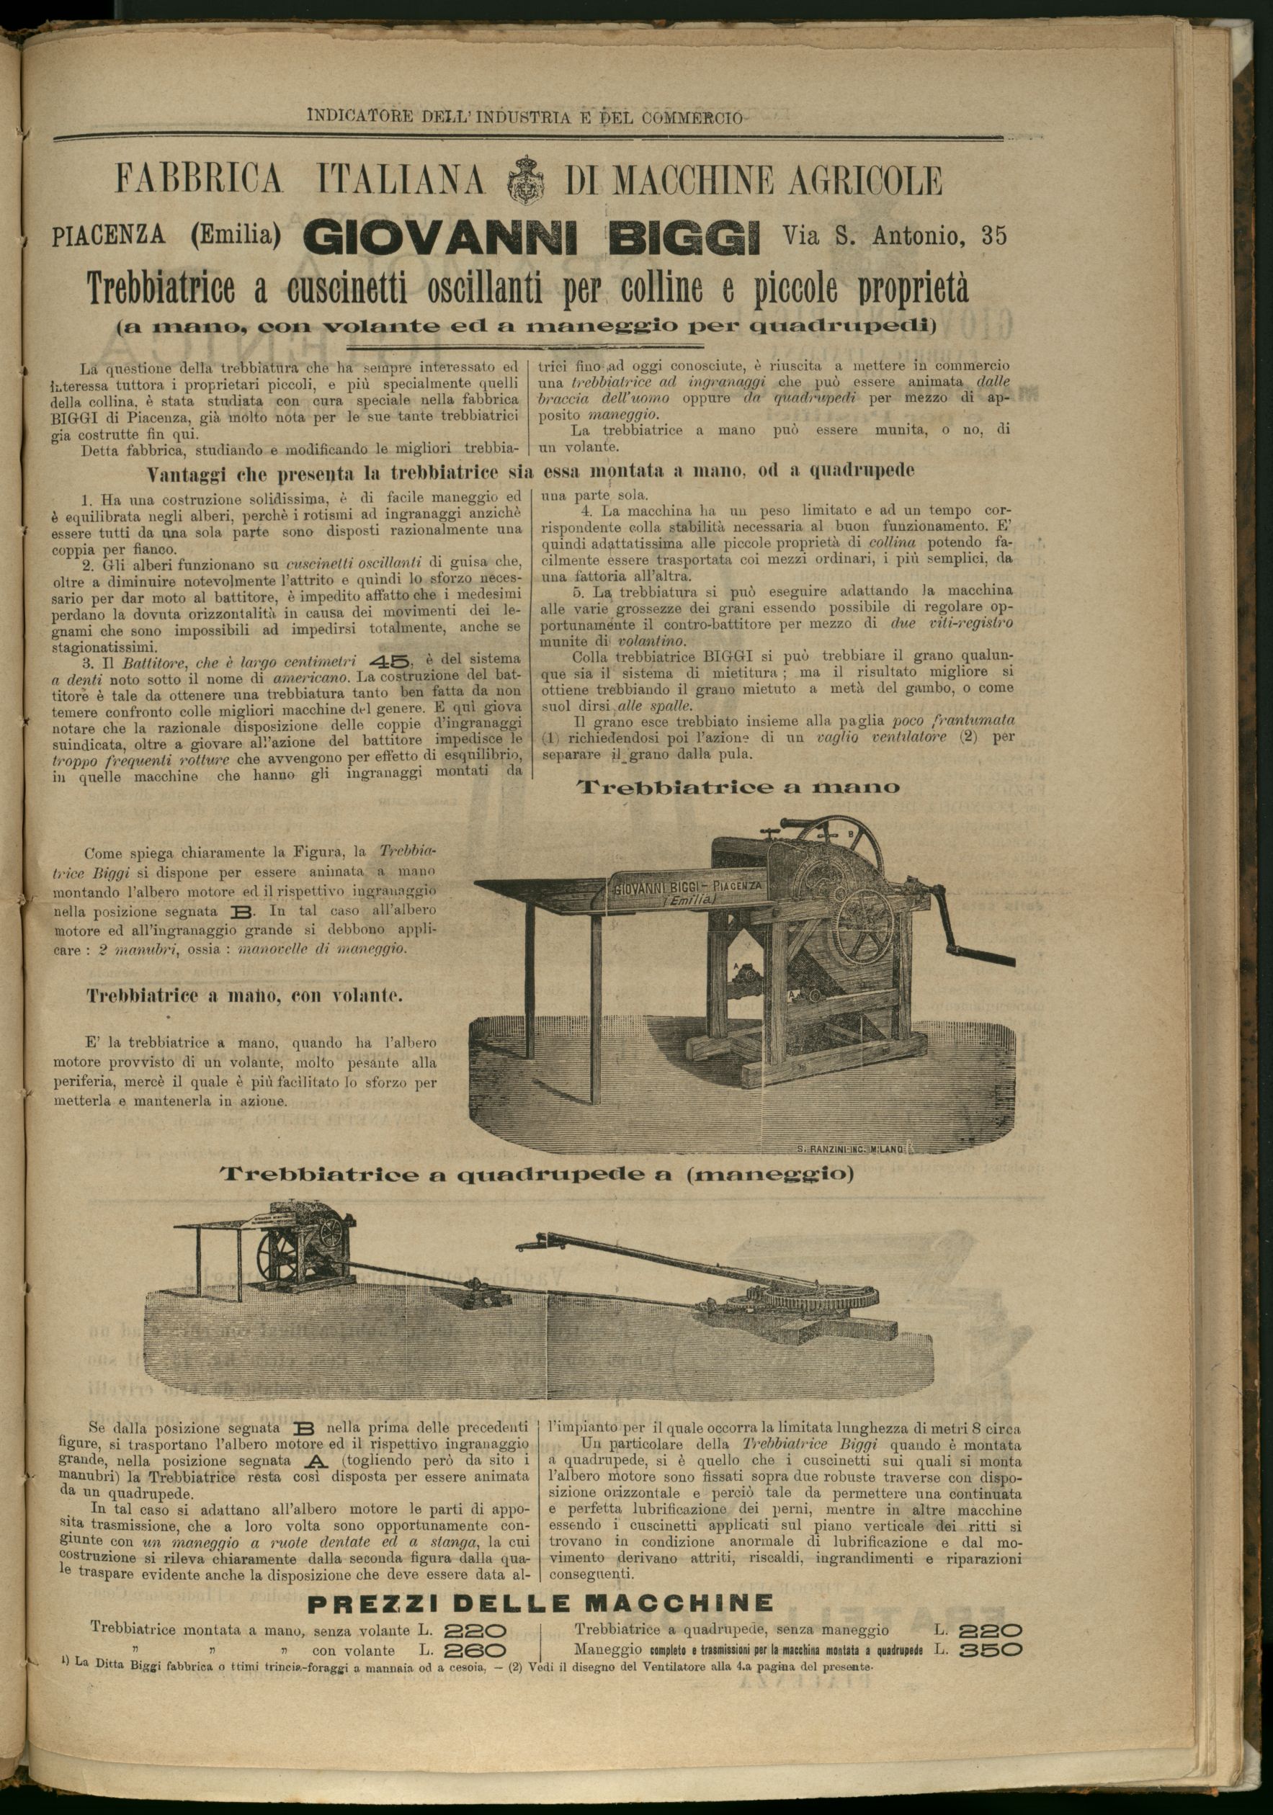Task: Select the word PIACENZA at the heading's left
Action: pos(108,236)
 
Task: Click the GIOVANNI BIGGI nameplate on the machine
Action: pos(687,889)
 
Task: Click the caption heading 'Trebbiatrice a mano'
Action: pos(739,787)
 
